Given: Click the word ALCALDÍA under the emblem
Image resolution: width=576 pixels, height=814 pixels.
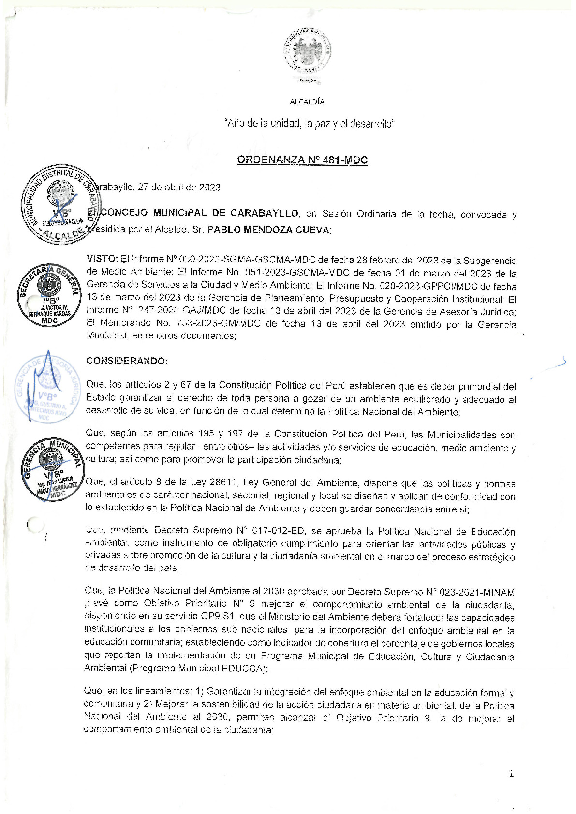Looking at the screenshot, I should pyautogui.click(x=307, y=102).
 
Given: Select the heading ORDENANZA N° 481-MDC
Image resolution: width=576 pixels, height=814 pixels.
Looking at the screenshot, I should pyautogui.click(x=302, y=160).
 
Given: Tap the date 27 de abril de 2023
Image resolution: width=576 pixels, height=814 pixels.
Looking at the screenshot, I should pyautogui.click(x=179, y=188).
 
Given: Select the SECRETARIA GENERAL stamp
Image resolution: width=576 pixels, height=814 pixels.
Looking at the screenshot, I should pyautogui.click(x=49, y=295).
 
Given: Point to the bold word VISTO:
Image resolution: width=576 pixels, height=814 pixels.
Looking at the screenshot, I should pyautogui.click(x=102, y=259).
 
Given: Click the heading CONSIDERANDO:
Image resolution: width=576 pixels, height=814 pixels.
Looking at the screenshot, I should pyautogui.click(x=127, y=361).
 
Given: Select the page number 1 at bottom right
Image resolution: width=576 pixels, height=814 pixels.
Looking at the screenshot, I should pyautogui.click(x=512, y=774).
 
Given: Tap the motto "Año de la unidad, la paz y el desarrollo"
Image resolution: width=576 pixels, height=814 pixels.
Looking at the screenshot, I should pyautogui.click(x=310, y=124).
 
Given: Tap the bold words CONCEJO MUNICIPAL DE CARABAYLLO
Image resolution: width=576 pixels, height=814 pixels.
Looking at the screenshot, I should pyautogui.click(x=199, y=213).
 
